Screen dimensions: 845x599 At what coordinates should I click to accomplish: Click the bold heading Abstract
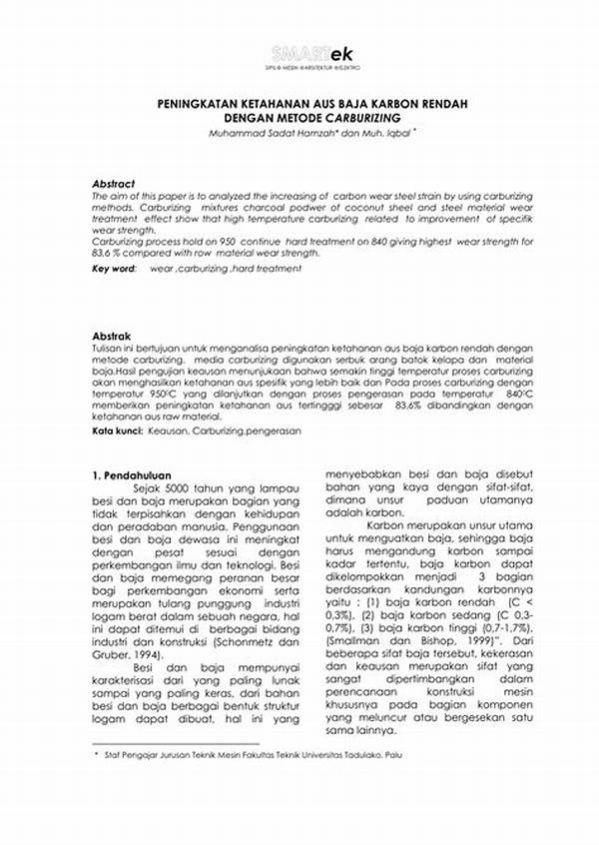(113, 184)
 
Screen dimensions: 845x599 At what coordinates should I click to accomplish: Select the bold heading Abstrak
(110, 337)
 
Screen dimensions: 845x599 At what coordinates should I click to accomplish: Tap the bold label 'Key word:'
(114, 269)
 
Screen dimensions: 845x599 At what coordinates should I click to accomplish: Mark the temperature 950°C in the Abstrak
(169, 394)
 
